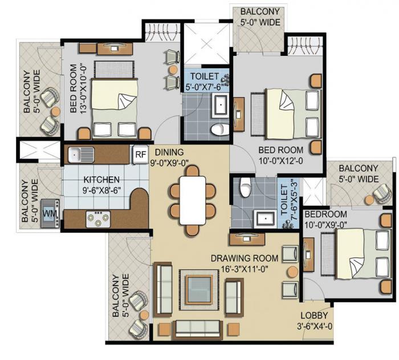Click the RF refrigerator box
tap(140, 154)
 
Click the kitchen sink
tap(79, 154)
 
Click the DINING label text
tap(169, 152)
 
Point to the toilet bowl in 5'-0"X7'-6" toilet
tap(218, 129)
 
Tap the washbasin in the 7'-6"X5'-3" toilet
tap(264, 217)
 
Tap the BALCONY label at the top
tap(259, 12)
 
